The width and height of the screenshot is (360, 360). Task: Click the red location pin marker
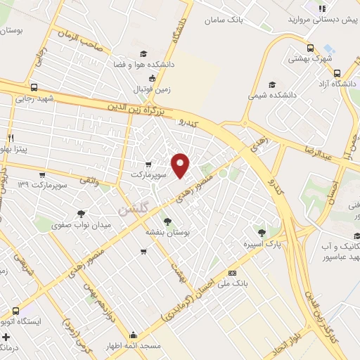pyautogui.click(x=181, y=165)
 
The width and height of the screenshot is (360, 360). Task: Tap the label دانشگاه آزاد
pyautogui.click(x=336, y=85)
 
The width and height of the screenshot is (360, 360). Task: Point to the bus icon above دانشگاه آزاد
pyautogui.click(x=337, y=73)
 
